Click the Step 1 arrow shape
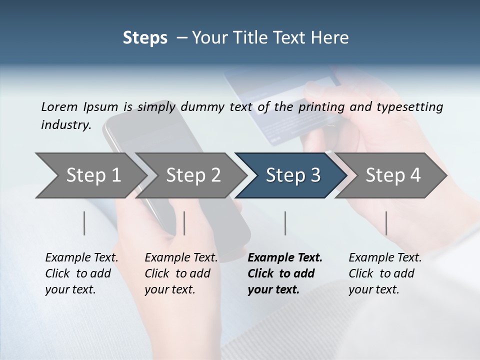(x=92, y=175)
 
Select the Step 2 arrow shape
(x=192, y=175)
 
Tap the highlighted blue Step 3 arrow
(x=292, y=175)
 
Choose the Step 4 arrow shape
(x=392, y=175)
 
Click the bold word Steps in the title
(x=145, y=38)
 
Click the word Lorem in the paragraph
(x=59, y=106)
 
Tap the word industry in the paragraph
(x=66, y=125)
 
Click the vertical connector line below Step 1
(x=84, y=223)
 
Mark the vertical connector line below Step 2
(x=184, y=223)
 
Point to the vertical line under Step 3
(x=285, y=223)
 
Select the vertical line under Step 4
(x=386, y=223)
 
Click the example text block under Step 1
(x=81, y=273)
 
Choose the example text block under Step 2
(x=181, y=273)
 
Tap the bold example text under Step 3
(x=285, y=273)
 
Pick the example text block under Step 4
(x=385, y=273)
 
